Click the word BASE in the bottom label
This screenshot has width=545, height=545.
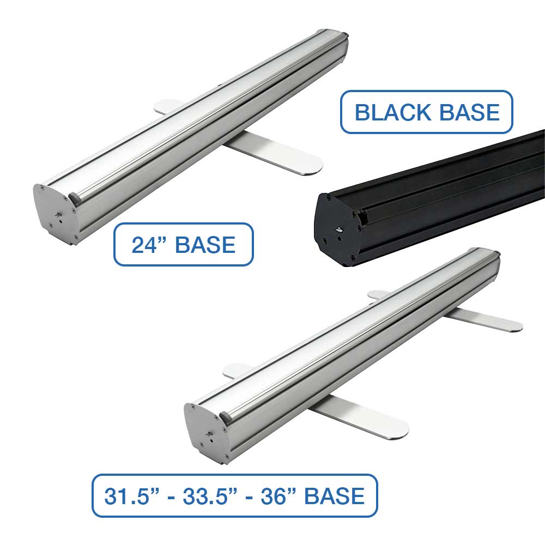(x=334, y=495)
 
